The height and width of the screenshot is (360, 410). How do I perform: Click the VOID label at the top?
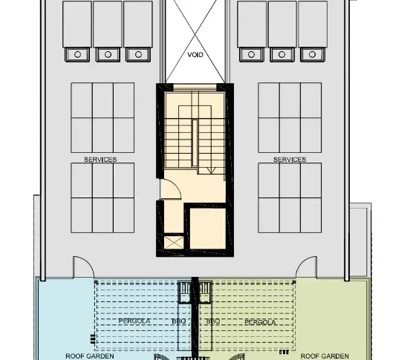click(195, 55)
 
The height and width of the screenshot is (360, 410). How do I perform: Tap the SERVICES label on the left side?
click(100, 160)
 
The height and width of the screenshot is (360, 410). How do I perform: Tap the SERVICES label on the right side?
click(290, 160)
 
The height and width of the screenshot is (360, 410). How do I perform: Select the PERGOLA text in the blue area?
click(134, 321)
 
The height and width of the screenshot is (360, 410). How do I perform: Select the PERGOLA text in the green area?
click(260, 322)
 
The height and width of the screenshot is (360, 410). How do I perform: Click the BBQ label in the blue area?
click(179, 321)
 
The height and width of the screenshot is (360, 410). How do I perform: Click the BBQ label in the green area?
click(213, 321)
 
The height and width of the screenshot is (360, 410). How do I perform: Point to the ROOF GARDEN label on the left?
click(90, 356)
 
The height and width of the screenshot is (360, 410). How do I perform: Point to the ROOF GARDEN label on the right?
click(325, 356)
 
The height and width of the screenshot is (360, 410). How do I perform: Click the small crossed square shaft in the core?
click(174, 243)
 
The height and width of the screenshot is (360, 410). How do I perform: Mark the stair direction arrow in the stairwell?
click(211, 171)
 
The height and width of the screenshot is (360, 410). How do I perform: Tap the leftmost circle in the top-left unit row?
click(77, 54)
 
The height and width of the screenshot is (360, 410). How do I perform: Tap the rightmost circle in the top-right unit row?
click(312, 54)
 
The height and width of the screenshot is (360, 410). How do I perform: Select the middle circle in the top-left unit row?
click(108, 54)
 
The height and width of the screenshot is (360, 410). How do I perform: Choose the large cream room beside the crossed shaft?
click(208, 229)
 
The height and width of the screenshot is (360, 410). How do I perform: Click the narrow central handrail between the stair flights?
click(195, 143)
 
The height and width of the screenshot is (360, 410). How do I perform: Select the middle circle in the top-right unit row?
click(282, 54)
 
